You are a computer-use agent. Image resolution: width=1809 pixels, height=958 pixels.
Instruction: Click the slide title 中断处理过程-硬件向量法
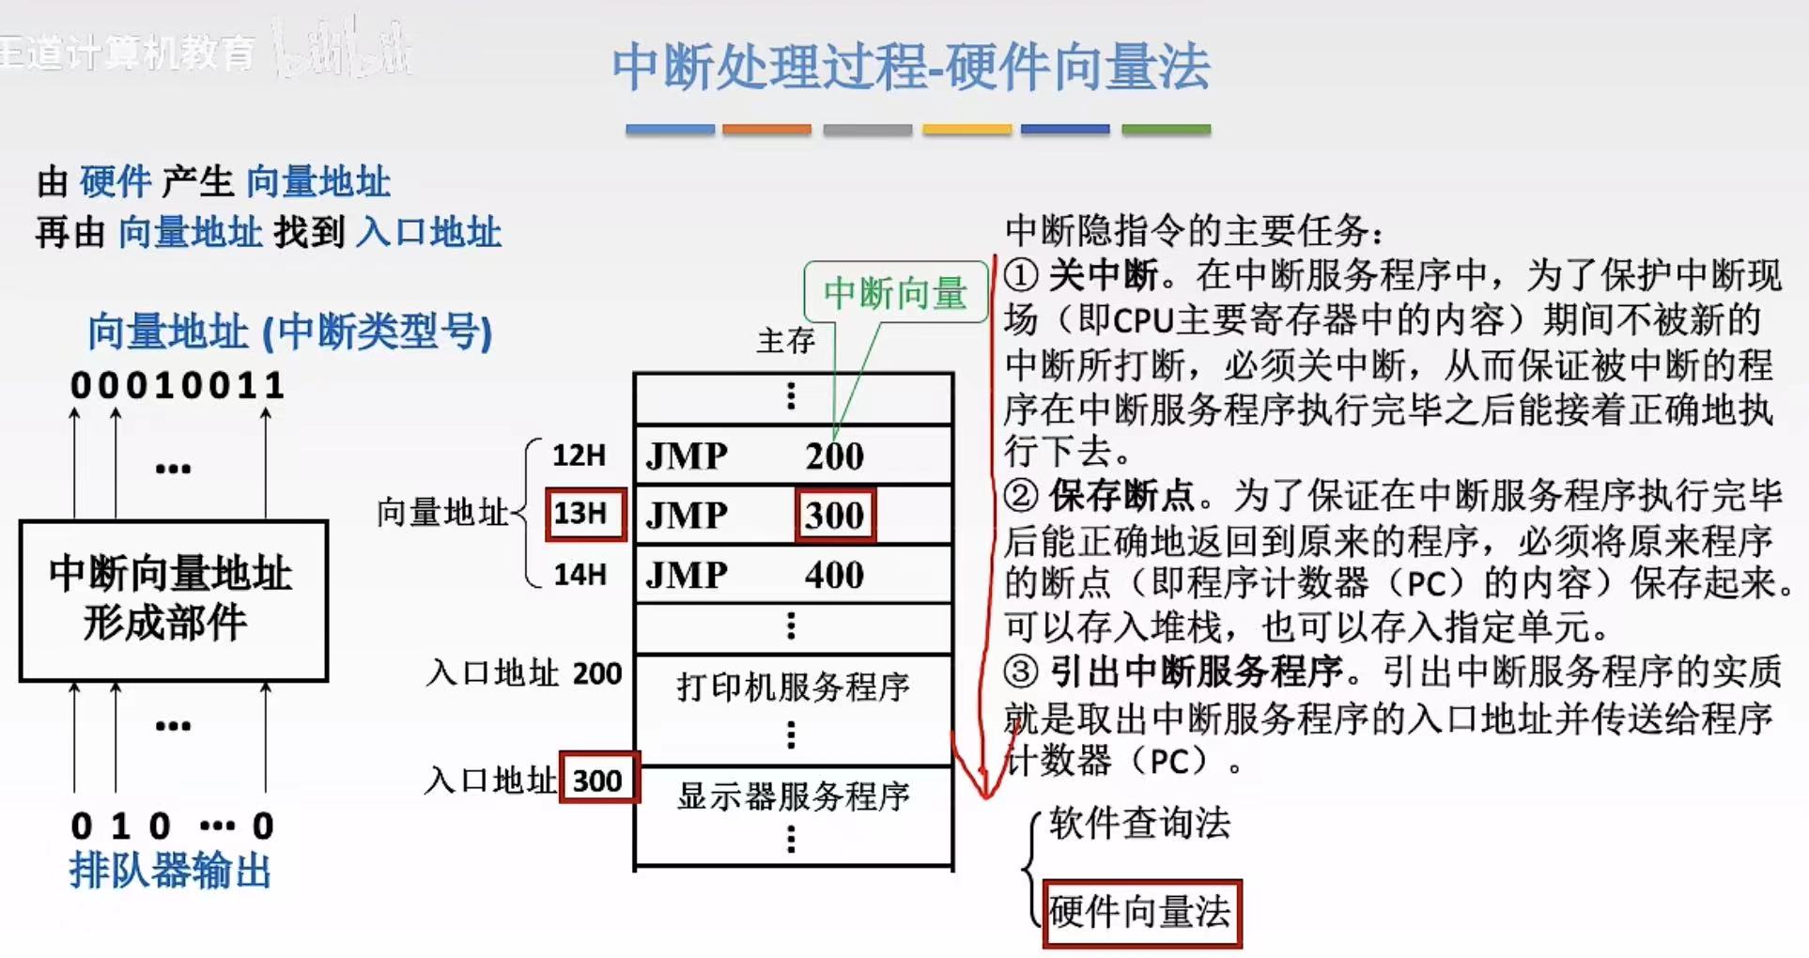point(910,68)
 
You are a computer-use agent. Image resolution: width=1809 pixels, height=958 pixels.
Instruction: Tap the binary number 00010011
point(178,385)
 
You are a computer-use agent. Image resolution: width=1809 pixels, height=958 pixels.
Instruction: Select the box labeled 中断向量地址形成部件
point(174,599)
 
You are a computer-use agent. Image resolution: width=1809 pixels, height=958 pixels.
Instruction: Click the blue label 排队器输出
point(170,871)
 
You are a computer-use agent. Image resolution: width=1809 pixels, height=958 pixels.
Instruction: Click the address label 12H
point(579,456)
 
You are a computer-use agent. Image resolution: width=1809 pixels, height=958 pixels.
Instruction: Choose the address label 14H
point(580,574)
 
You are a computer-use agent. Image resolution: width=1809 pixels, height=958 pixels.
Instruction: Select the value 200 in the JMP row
point(834,456)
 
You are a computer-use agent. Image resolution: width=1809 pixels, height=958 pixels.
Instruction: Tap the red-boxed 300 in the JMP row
point(835,515)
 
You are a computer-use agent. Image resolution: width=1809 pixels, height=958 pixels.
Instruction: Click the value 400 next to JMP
point(834,574)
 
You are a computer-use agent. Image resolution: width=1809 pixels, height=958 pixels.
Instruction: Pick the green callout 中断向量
point(895,293)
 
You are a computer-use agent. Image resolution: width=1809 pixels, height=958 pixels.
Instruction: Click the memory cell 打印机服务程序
point(794,687)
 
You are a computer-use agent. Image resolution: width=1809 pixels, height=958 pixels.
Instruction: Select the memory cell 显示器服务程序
point(794,796)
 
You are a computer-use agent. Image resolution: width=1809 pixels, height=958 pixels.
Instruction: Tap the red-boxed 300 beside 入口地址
point(598,780)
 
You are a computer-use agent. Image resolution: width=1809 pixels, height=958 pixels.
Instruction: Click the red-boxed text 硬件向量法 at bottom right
point(1140,912)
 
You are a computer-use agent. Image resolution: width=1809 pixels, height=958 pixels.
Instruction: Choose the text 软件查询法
point(1140,823)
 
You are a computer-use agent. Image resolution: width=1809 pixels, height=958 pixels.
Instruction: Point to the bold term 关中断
point(1103,275)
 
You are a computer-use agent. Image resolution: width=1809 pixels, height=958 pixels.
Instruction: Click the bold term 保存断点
point(1121,495)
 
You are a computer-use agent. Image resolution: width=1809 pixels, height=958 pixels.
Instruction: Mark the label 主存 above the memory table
point(786,340)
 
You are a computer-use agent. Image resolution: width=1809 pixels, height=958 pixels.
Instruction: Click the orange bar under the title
point(766,130)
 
